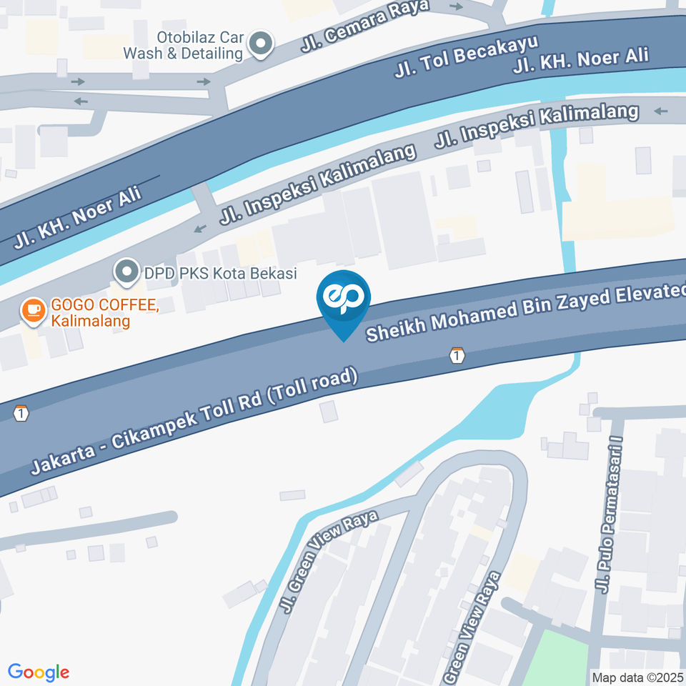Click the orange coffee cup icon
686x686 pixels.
pos(31,309)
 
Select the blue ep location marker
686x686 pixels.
pos(344,300)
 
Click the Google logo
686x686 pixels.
pos(39,672)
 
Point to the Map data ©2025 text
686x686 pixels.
pos(637,677)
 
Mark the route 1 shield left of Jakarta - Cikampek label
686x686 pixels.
pos(21,413)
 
